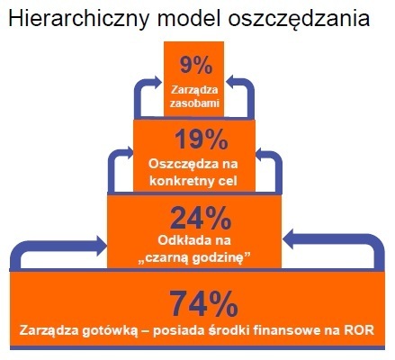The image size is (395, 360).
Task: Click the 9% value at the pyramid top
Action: click(196, 66)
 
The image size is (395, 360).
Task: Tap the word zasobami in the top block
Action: click(196, 104)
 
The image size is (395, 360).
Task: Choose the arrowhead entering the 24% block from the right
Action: click(290, 238)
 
